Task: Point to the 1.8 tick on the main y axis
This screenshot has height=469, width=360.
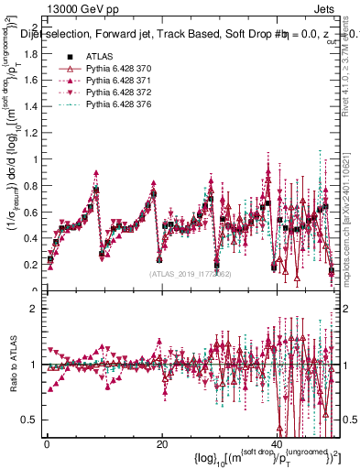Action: click(29, 53)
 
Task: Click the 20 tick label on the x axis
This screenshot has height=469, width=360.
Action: click(161, 444)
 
